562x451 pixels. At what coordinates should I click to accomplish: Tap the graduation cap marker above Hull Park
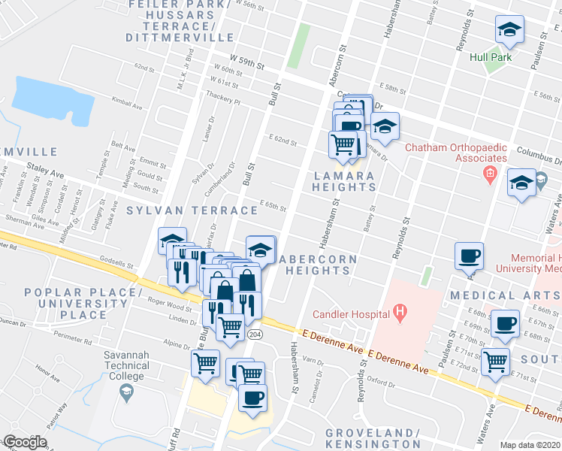[509, 31]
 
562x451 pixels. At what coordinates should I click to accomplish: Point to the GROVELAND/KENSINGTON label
[373, 439]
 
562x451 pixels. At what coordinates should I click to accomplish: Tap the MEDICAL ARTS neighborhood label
[505, 295]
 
